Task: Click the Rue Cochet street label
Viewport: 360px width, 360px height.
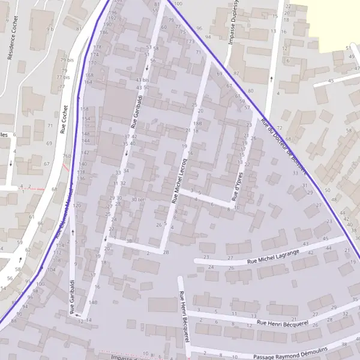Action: point(64,119)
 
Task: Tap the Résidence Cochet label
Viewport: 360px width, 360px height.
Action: point(10,46)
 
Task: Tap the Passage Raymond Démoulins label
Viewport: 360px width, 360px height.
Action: point(290,355)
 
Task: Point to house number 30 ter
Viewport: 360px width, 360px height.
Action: point(137,199)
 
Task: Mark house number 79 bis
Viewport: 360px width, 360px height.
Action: point(67,60)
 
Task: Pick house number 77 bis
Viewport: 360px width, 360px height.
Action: point(63,77)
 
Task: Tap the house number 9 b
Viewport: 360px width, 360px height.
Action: point(50,29)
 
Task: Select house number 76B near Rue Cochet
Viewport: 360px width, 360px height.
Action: point(67,157)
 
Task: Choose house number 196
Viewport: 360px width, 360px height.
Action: point(112,13)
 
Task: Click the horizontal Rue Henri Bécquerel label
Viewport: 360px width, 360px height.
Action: point(281,323)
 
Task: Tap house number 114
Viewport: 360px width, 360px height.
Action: point(59,245)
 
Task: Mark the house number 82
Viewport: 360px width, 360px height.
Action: point(236,73)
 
